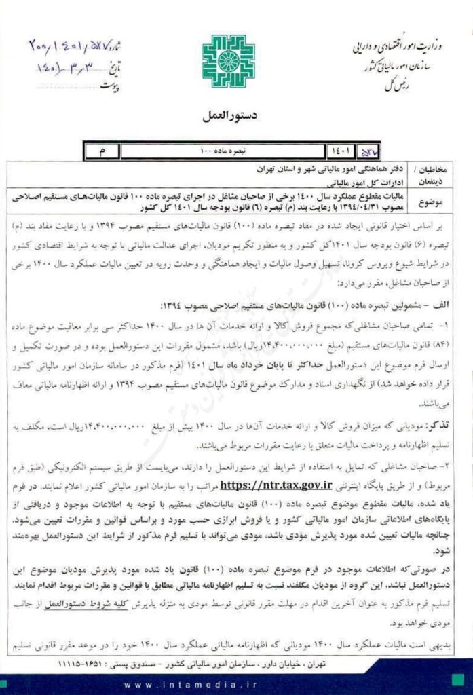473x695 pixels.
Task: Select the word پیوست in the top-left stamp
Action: (x=109, y=86)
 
